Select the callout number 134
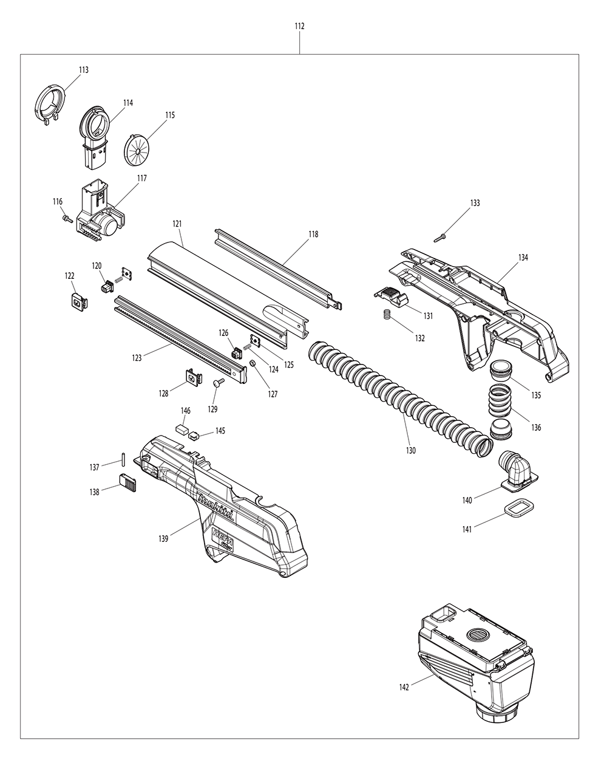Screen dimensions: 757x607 523,258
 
